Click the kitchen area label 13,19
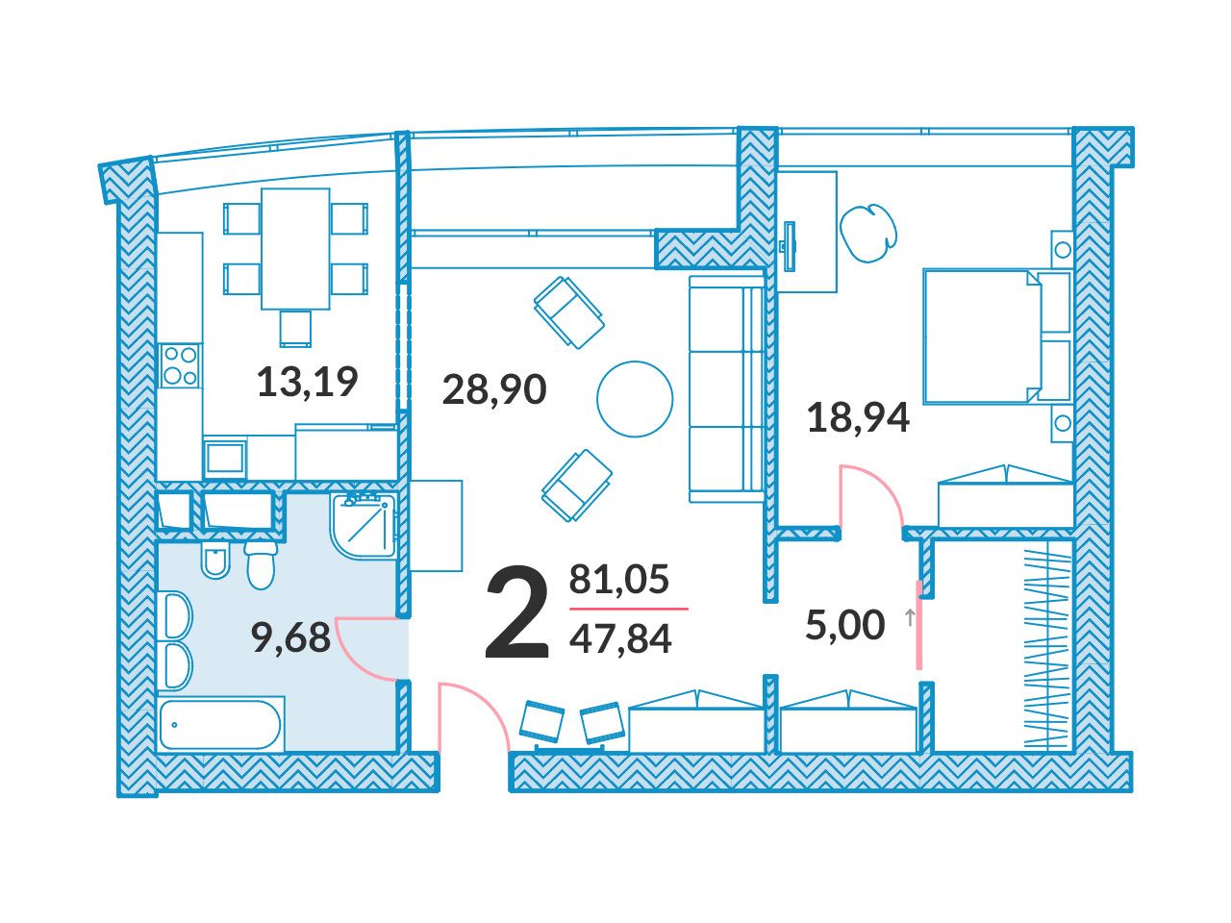click(308, 383)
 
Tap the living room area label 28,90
click(494, 390)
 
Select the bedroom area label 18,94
click(858, 418)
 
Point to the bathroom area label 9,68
click(291, 637)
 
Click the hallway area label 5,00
click(845, 625)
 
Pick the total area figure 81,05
click(619, 579)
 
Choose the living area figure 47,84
click(620, 639)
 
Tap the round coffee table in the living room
click(635, 398)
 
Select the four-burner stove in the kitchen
click(180, 364)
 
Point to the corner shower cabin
click(364, 525)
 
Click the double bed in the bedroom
click(997, 337)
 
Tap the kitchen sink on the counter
click(225, 458)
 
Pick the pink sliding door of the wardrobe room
click(918, 625)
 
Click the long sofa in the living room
click(727, 389)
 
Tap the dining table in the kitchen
click(295, 249)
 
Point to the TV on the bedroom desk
click(789, 246)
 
